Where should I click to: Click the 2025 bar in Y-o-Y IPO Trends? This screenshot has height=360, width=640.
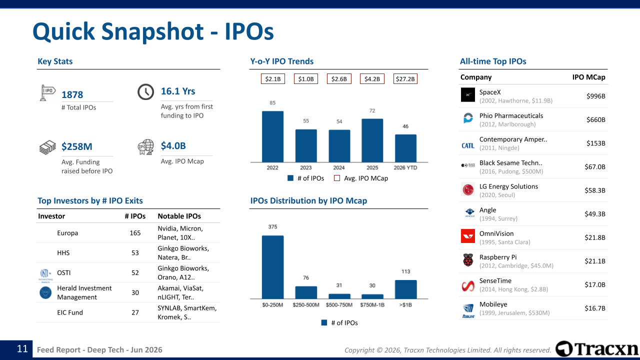click(x=372, y=140)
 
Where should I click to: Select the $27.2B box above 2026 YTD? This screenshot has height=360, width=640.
click(x=405, y=79)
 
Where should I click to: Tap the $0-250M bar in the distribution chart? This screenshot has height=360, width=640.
click(x=272, y=267)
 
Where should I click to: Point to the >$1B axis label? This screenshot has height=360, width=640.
click(x=405, y=305)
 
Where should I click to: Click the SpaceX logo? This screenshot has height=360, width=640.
click(x=468, y=95)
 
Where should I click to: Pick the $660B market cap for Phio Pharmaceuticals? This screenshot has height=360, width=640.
click(x=595, y=119)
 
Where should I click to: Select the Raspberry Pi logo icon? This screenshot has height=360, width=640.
click(x=468, y=260)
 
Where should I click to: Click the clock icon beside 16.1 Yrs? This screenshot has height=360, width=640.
click(x=145, y=92)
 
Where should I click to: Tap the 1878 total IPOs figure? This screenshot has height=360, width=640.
click(x=72, y=94)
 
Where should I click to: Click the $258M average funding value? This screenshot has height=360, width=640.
click(x=77, y=146)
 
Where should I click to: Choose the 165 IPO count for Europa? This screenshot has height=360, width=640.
click(x=135, y=233)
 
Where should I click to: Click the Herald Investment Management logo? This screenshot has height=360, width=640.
click(x=45, y=292)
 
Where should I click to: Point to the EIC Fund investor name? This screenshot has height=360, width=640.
click(x=70, y=312)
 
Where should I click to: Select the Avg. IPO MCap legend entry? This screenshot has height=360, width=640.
click(x=361, y=178)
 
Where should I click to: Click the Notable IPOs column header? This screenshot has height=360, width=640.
click(x=179, y=216)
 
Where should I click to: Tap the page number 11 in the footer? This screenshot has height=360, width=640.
click(x=22, y=349)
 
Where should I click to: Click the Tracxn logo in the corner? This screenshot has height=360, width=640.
click(x=597, y=349)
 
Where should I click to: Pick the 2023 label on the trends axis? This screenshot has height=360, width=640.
click(x=305, y=167)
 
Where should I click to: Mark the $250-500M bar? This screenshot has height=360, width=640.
click(x=306, y=292)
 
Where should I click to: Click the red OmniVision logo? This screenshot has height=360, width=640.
click(x=468, y=236)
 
